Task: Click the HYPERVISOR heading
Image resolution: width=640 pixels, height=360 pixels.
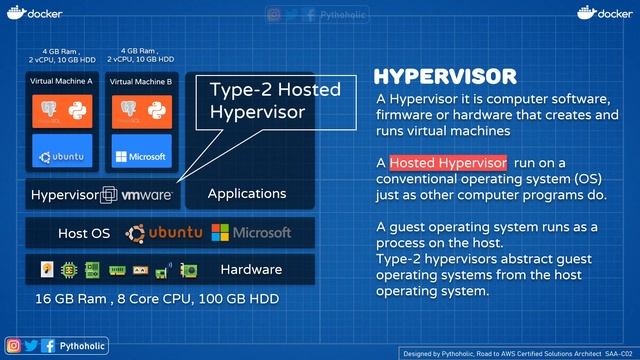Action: tap(445, 78)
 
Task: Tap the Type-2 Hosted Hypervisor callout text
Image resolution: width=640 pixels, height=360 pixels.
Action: tap(274, 101)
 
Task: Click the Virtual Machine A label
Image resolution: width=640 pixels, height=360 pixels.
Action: tap(61, 81)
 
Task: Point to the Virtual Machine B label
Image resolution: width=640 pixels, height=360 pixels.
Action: tap(140, 81)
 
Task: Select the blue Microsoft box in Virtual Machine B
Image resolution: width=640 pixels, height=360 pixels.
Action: tap(140, 156)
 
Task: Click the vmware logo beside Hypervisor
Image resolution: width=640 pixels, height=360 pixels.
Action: tap(146, 195)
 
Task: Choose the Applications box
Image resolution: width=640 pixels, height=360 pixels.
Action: tap(246, 194)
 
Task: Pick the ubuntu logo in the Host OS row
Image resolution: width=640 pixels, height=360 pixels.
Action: tap(164, 233)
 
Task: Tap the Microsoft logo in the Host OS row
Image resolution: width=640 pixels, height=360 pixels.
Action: tap(252, 233)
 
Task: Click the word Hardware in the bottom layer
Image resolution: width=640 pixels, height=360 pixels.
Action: tap(252, 269)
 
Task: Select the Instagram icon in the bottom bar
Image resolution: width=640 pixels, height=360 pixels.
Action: tap(14, 345)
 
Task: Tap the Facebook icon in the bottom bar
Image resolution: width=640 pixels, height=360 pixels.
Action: tap(47, 345)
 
